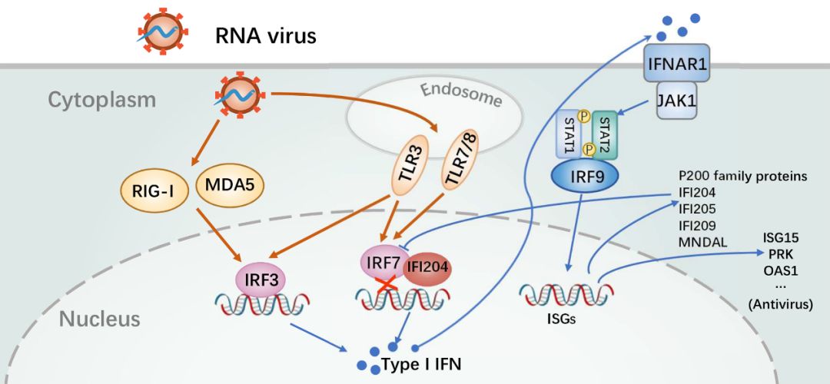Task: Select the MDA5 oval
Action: pyautogui.click(x=224, y=187)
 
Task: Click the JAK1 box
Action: pyautogui.click(x=676, y=101)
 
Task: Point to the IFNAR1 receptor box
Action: pyautogui.click(x=676, y=65)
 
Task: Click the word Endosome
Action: pyautogui.click(x=460, y=94)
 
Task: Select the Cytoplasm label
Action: pyautogui.click(x=101, y=100)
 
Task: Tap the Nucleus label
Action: pyautogui.click(x=100, y=318)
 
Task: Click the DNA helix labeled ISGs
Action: pyautogui.click(x=567, y=296)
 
